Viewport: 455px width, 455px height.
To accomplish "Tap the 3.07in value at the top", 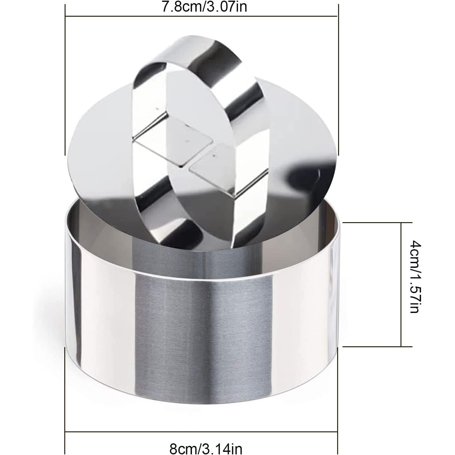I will (x=227, y=7).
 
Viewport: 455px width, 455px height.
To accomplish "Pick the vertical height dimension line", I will (x=401, y=284).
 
